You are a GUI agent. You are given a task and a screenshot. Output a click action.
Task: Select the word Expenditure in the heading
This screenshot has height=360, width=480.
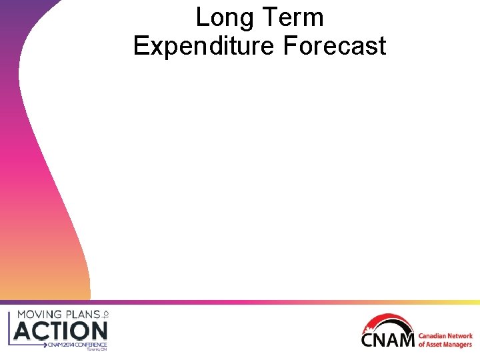point(205,46)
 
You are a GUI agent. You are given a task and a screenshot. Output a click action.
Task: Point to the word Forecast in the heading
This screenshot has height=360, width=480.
point(335,46)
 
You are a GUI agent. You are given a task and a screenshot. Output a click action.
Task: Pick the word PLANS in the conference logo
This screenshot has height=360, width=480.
point(85,314)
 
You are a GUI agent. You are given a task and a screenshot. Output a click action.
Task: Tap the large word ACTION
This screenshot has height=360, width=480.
point(61,330)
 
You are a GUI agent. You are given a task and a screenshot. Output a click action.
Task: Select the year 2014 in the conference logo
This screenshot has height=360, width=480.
point(67,345)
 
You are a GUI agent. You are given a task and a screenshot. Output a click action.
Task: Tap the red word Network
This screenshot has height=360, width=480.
point(461,337)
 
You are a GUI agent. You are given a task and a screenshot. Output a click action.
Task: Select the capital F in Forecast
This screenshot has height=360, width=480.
point(288,46)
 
